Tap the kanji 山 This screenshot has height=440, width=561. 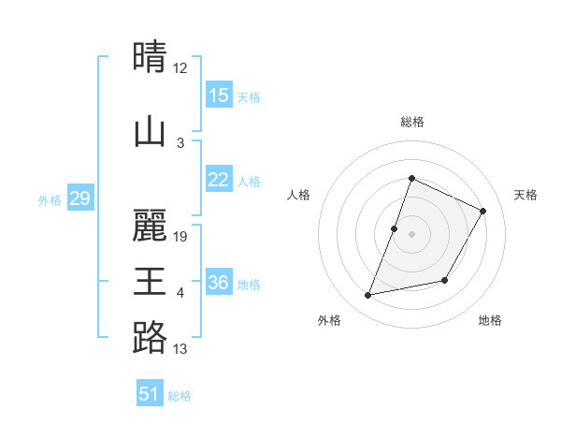150,130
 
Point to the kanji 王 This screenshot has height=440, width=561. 150,280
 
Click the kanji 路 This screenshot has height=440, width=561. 150,337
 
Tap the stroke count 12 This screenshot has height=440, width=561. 180,68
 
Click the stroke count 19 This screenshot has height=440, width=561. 180,237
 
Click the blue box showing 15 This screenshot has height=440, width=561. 219,95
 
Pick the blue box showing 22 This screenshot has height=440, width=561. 219,181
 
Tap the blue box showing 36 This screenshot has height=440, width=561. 219,283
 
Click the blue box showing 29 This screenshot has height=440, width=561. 79,198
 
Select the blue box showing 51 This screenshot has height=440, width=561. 150,394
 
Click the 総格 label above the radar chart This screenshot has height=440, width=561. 411,122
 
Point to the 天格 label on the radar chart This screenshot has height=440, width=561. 526,195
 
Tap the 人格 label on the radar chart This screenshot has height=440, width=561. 298,195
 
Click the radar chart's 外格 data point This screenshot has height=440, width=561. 368,296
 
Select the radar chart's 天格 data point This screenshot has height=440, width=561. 483,211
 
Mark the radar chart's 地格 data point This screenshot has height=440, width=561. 445,281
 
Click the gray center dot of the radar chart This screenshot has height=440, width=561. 411,234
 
